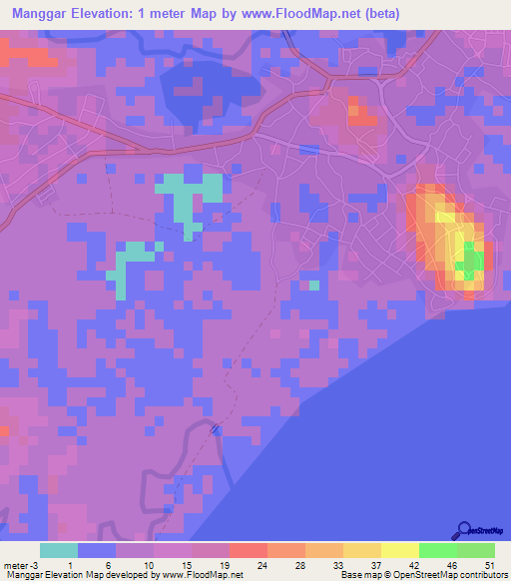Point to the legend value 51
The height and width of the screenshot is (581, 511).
pyautogui.click(x=488, y=564)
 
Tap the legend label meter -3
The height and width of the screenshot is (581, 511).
pyautogui.click(x=23, y=564)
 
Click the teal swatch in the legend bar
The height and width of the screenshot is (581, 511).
pyautogui.click(x=59, y=550)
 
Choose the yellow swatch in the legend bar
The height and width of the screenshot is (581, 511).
pyautogui.click(x=400, y=550)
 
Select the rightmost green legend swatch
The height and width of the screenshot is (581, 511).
pyautogui.click(x=476, y=550)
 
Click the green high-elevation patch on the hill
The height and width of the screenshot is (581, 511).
pyautogui.click(x=470, y=262)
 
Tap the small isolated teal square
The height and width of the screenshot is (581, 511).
pyautogui.click(x=313, y=286)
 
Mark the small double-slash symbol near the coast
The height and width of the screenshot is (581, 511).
pyautogui.click(x=215, y=428)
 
